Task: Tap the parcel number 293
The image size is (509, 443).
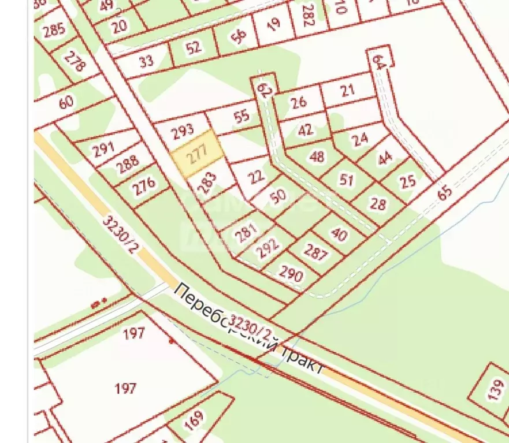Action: click(x=183, y=131)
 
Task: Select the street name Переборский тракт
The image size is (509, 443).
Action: click(x=248, y=328)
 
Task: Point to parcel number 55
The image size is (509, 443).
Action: click(x=241, y=116)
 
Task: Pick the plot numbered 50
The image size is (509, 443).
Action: click(x=278, y=196)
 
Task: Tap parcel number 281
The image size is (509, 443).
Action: click(x=246, y=233)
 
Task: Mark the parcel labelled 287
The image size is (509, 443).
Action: click(x=315, y=252)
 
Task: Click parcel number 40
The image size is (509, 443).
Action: click(x=339, y=233)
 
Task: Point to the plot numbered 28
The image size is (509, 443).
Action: click(x=377, y=203)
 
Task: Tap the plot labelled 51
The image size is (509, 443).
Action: click(x=346, y=180)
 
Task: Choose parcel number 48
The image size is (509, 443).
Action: click(x=317, y=156)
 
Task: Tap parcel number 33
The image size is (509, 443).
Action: click(x=147, y=61)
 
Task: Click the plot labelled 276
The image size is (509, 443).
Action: click(x=144, y=185)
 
